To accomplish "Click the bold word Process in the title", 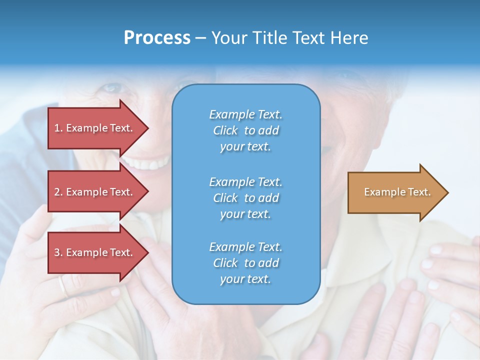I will pyautogui.click(x=157, y=38).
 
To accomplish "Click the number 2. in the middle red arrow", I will pyautogui.click(x=58, y=192).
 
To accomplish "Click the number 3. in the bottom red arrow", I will pyautogui.click(x=58, y=252).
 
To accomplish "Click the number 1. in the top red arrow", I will pyautogui.click(x=58, y=128).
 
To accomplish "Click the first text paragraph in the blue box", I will pyautogui.click(x=245, y=130).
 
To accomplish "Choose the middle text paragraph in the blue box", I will pyautogui.click(x=245, y=198).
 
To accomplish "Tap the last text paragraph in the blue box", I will pyautogui.click(x=245, y=263).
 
